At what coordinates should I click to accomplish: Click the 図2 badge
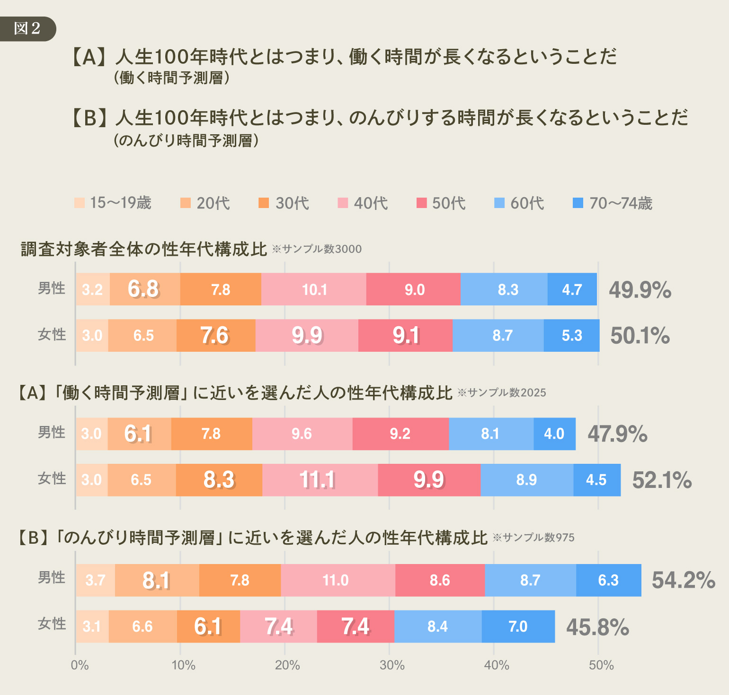(x=27, y=28)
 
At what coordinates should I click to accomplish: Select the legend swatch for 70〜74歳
(x=578, y=203)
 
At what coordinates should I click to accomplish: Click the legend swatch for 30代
(x=264, y=203)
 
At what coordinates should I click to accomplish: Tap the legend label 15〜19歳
(x=120, y=203)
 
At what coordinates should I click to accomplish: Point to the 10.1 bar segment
(x=314, y=289)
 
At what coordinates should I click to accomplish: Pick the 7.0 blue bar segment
(x=518, y=626)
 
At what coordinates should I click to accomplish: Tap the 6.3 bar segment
(x=608, y=580)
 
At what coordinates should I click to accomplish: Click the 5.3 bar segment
(x=571, y=336)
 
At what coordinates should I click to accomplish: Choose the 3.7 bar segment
(x=95, y=580)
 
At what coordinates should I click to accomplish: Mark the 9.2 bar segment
(x=400, y=434)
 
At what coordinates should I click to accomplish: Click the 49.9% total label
(x=640, y=290)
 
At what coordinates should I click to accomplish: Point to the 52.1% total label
(x=662, y=480)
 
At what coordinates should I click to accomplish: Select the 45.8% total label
(x=597, y=627)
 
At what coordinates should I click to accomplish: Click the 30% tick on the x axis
(x=392, y=666)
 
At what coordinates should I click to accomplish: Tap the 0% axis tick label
(x=80, y=666)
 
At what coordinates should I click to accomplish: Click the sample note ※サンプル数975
(x=533, y=538)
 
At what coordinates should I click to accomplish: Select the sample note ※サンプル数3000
(x=317, y=249)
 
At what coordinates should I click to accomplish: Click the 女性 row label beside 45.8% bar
(x=52, y=624)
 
